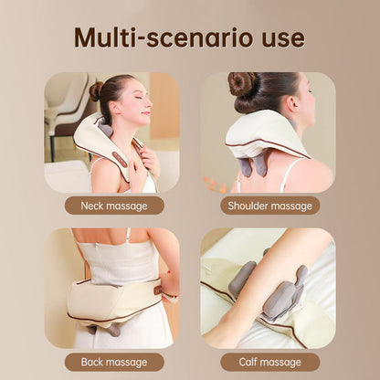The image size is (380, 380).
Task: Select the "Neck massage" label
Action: pos(114,206)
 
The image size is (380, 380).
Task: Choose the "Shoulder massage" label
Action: pos(270,206)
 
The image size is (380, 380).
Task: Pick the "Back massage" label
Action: pos(114,362)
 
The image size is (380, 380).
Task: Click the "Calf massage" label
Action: pos(270,362)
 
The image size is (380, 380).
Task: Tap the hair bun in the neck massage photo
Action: pos(96,91)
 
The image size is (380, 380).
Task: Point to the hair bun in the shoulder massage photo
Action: pos(241,83)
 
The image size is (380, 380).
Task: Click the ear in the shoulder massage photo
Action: pos(293,104)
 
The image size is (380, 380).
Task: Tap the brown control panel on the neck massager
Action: pos(120,159)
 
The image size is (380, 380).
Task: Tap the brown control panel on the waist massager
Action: pos(158,290)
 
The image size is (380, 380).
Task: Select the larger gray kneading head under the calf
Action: pos(285,295)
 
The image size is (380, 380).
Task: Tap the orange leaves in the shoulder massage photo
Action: pos(213,184)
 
